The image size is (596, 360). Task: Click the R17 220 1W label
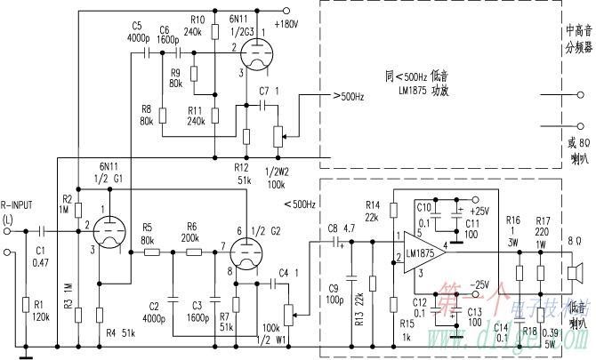point(543,224)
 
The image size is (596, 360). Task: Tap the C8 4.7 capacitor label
point(340,228)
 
